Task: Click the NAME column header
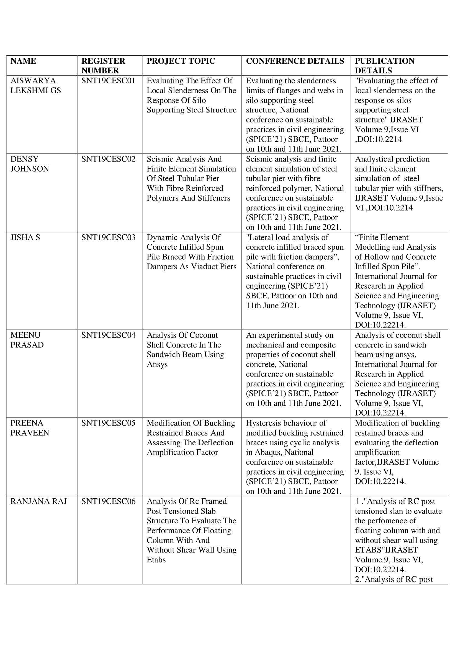click(24, 61)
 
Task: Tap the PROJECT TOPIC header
click(181, 61)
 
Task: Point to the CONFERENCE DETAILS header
click(295, 61)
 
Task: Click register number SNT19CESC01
click(108, 81)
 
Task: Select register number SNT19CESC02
click(108, 159)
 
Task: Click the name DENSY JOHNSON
click(30, 164)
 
